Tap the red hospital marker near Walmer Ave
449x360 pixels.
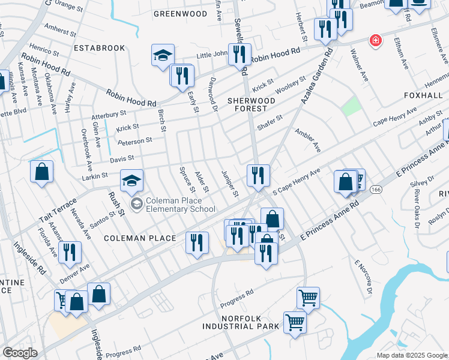coord(376,40)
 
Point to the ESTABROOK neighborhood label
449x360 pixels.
coord(99,47)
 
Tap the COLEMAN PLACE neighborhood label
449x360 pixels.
coord(140,238)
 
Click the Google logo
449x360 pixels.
coord(20,353)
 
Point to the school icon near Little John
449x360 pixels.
coord(162,55)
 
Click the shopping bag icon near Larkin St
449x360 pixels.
coord(42,172)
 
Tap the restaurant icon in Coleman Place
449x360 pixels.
coord(196,242)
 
